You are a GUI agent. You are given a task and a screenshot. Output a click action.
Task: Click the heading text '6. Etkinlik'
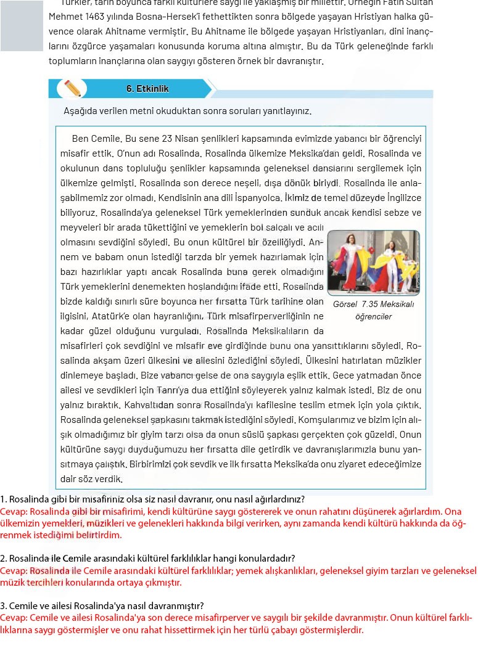pos(147,89)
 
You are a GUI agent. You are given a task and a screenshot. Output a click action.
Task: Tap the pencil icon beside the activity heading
pos(72,88)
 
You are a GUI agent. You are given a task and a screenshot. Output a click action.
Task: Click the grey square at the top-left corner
pos(22,25)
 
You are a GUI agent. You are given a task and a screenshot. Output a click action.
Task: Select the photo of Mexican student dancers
pos(374,263)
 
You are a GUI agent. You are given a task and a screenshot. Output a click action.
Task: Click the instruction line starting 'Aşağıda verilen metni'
pos(187,112)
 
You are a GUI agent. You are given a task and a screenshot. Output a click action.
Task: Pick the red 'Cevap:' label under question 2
pos(14,571)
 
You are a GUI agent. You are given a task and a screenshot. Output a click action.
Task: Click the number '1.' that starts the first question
pos(4,499)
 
